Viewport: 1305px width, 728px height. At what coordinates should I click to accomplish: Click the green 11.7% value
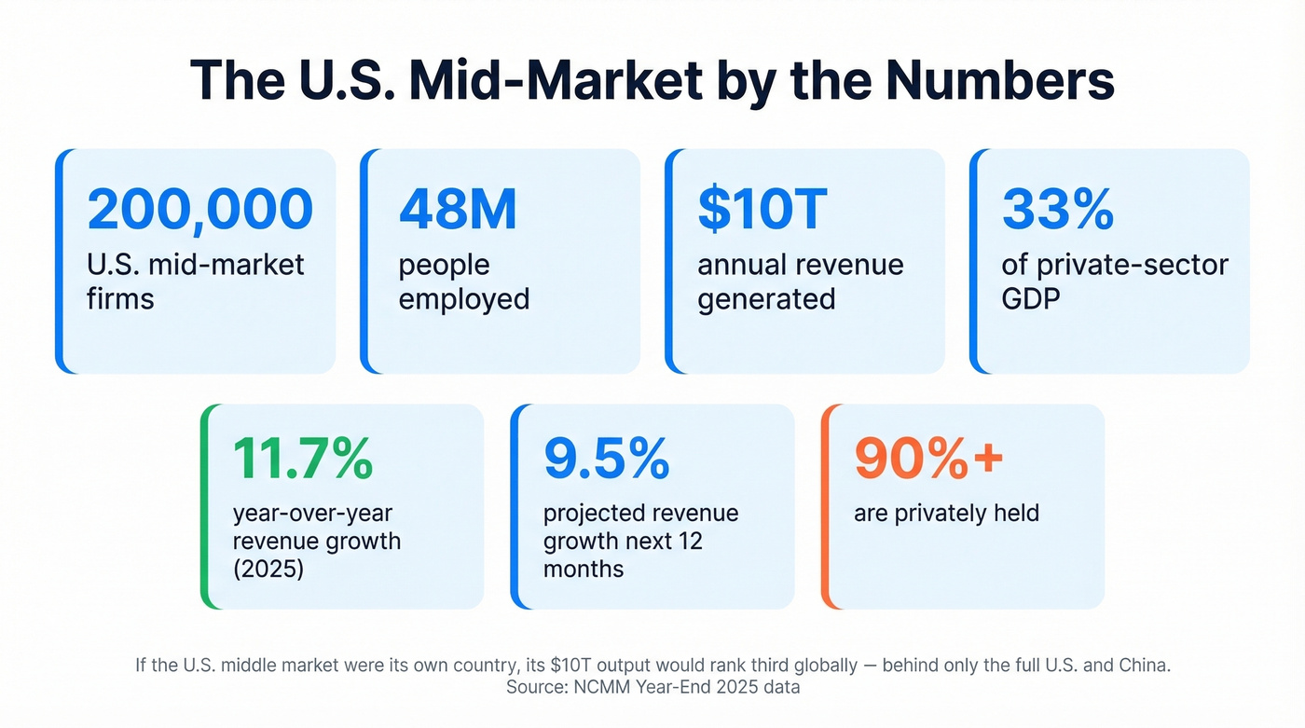[302, 457]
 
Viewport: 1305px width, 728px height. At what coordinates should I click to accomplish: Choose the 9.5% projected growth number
[606, 457]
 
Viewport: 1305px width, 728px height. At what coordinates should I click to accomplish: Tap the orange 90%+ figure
[928, 457]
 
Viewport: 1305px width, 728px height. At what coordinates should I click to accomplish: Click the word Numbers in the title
[999, 80]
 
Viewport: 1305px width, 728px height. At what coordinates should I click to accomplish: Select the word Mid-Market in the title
[556, 80]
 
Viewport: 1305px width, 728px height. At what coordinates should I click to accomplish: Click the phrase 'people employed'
[463, 282]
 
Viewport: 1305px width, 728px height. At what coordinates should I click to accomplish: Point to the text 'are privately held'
[946, 512]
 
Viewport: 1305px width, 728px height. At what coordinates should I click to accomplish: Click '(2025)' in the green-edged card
[268, 568]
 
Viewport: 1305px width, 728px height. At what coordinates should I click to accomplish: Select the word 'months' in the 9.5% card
[584, 568]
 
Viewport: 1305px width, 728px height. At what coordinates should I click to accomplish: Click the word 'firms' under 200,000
[120, 299]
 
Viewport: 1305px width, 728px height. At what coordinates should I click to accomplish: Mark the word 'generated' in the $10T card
[766, 299]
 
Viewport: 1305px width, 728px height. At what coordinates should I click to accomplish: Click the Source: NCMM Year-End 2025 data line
[652, 687]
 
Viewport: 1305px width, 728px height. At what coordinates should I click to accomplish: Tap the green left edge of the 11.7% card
[204, 506]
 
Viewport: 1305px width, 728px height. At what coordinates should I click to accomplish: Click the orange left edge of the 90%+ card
[825, 506]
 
